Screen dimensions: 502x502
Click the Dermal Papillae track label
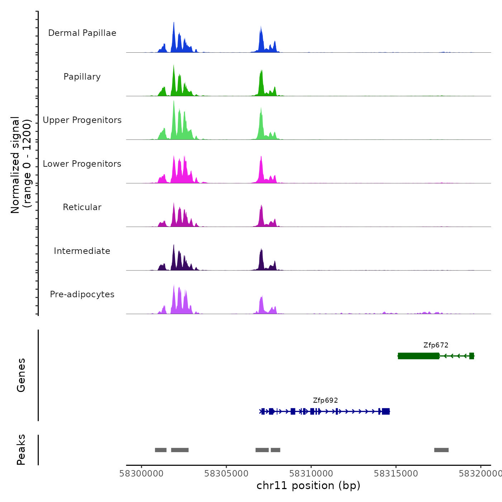coord(82,33)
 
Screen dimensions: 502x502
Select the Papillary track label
coord(82,77)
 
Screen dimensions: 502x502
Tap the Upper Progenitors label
coord(82,120)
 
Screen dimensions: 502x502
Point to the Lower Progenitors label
coord(82,164)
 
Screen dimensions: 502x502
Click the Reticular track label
coord(82,207)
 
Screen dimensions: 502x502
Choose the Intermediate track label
coord(82,251)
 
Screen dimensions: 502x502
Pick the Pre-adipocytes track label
coord(82,294)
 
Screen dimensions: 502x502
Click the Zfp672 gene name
coord(436,345)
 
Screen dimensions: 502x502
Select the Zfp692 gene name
coord(325,401)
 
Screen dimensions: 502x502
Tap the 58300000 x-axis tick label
coord(141,474)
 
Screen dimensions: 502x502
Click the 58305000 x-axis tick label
coord(226,474)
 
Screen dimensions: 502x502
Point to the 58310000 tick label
coord(311,474)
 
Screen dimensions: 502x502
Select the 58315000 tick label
coord(396,474)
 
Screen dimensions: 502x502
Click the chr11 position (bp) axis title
coord(308,486)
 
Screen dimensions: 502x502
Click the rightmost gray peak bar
coord(441,450)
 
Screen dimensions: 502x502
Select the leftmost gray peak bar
coord(161,450)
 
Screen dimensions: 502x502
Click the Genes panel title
coord(21,375)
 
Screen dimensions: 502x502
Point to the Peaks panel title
coord(21,450)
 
